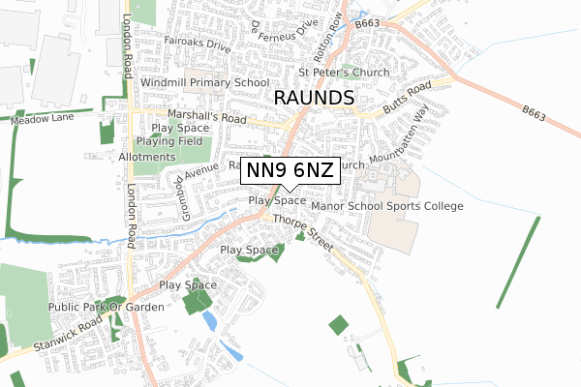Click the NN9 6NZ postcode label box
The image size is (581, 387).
click(290, 171)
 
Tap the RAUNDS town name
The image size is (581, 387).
click(315, 99)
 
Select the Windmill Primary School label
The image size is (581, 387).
click(204, 83)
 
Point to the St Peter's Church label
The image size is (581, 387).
click(344, 73)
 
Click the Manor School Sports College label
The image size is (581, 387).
click(387, 206)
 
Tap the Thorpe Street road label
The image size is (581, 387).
click(303, 233)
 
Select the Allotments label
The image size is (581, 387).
click(147, 157)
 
